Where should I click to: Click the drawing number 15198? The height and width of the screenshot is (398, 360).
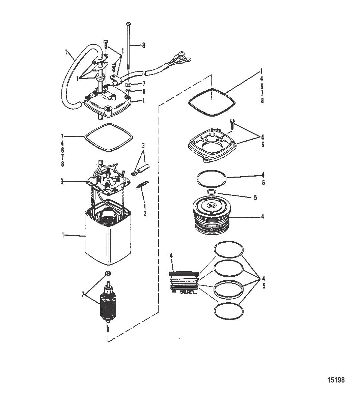pos(336,380)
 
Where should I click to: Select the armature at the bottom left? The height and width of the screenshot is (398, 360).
pos(108,305)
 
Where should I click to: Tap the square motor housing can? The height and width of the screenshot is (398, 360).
pos(107,241)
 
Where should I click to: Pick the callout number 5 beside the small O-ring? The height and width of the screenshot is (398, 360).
pos(255,197)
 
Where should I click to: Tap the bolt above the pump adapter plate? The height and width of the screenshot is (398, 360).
pos(232,124)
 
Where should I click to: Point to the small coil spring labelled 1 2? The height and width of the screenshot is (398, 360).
pos(140,185)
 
